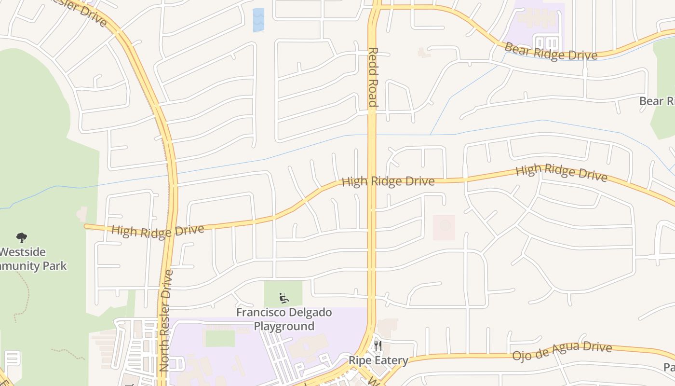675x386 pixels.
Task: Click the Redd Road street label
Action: pos(372,77)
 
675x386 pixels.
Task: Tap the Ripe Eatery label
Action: pos(378,360)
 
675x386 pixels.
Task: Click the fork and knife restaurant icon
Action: pos(378,345)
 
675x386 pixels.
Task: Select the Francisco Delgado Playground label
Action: pos(284,319)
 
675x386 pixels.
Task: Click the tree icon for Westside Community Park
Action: pos(21,237)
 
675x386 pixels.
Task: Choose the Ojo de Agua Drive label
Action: pos(562,352)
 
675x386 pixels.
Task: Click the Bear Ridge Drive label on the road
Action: pos(551,52)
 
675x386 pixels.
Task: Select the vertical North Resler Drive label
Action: pos(166,320)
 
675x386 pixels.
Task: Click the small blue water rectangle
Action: pos(258,20)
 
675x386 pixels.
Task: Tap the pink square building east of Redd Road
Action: pos(444,227)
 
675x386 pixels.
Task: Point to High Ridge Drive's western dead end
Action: pos(86,226)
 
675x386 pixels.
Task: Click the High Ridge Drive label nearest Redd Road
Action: pos(388,182)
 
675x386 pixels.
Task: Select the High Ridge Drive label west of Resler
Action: pos(158,231)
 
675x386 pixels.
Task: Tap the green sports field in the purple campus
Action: pos(220,338)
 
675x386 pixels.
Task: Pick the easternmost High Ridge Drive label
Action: pos(561,173)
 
